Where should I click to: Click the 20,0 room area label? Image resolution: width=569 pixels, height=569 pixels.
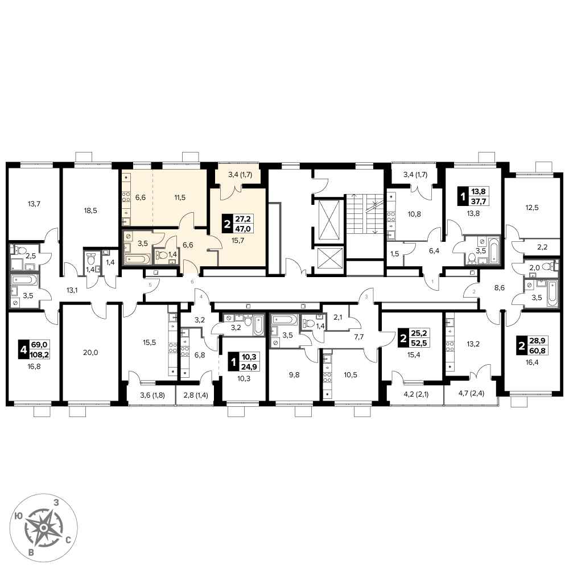point(90,352)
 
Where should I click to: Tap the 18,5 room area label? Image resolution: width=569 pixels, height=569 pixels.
point(90,211)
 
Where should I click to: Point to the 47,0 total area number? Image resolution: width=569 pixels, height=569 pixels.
point(243,229)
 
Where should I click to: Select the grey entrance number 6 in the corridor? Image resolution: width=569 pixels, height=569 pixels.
point(192,282)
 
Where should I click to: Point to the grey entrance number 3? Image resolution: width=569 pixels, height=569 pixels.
point(366,297)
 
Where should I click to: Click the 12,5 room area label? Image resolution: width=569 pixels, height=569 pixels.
point(532,208)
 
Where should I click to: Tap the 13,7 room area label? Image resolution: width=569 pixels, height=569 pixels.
point(34,204)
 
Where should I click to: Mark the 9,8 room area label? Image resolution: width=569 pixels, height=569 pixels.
point(294,375)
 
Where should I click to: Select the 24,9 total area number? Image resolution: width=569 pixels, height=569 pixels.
point(249,367)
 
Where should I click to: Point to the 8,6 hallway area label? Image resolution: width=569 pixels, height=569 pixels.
point(500,288)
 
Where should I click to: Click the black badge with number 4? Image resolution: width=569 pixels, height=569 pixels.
point(23,350)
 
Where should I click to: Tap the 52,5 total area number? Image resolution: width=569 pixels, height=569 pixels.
point(419,343)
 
